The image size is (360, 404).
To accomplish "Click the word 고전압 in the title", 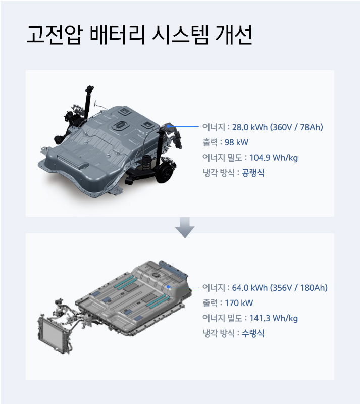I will tap(54, 35).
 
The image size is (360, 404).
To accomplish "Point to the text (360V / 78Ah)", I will tap(296, 127).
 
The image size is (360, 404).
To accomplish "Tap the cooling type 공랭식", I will tap(252, 173).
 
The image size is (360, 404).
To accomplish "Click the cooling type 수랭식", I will tap(252, 333).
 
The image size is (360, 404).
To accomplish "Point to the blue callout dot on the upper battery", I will tap(169, 126).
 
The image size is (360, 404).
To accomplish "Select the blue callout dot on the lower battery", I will tap(168, 287).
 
